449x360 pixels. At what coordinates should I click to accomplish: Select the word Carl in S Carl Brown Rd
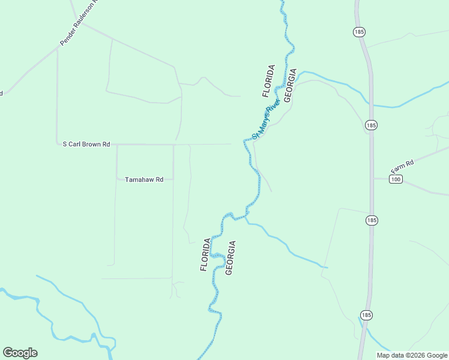pos(76,144)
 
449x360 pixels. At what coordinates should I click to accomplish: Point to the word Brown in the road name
pos(94,144)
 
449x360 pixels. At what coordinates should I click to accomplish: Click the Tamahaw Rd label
pos(144,179)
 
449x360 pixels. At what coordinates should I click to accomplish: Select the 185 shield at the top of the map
pos(360,31)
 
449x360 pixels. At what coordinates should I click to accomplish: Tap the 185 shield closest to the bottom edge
pos(366,314)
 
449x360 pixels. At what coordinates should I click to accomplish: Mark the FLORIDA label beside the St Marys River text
pos(268,81)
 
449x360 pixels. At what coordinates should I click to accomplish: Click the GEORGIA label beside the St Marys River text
pos(291,85)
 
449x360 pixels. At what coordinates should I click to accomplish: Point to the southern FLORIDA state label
pos(206,254)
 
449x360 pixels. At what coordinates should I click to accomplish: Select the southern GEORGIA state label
pos(231,258)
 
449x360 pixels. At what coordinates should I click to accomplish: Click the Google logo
pos(20,353)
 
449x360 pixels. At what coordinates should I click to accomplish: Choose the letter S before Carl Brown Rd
pos(65,144)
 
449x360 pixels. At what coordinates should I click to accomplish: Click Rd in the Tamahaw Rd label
pos(159,179)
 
